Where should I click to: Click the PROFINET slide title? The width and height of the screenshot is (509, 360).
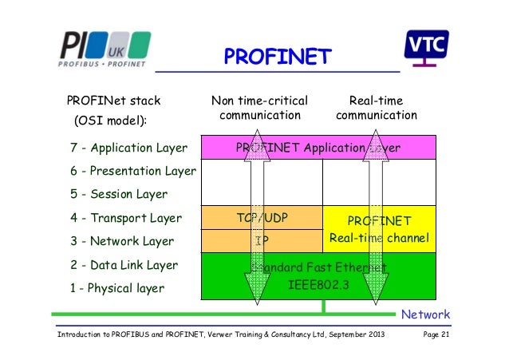276,57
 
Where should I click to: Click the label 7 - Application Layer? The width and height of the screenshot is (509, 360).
128,148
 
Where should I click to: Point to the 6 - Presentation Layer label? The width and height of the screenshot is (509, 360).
133,171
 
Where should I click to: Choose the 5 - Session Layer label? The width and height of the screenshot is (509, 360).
119,194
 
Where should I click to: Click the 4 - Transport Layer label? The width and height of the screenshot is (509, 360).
126,218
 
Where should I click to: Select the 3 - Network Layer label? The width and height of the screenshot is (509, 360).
122,241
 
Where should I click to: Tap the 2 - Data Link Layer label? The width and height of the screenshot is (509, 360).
124,265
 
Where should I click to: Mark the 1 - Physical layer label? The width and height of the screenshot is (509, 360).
117,288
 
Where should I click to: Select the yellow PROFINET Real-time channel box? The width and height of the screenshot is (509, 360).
380,229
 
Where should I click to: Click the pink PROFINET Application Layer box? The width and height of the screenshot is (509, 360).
318,148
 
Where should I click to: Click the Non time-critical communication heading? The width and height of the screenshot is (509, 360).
260,108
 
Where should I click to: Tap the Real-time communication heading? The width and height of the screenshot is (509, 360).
377,108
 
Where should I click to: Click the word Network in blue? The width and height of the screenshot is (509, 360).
425,315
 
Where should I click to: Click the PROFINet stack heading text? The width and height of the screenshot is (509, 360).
113,101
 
